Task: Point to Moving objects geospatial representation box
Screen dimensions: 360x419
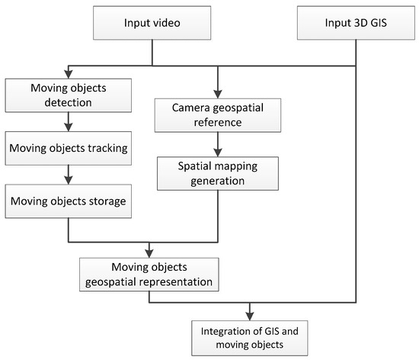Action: (x=149, y=274)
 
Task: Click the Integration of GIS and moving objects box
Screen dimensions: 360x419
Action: (x=248, y=333)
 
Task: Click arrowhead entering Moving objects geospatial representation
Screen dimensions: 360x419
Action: (x=149, y=252)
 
